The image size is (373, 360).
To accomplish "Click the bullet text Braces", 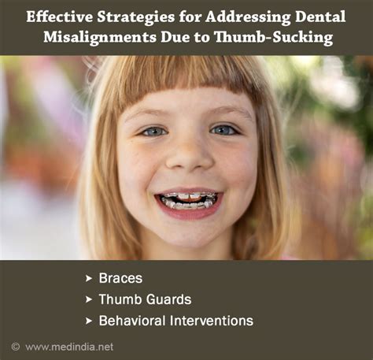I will (116, 278).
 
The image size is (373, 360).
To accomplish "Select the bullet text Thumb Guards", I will (145, 299).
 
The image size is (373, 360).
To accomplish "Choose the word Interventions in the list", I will (212, 321).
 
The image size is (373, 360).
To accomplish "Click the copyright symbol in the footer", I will (15, 347).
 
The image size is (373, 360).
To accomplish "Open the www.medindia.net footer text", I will (69, 347).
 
